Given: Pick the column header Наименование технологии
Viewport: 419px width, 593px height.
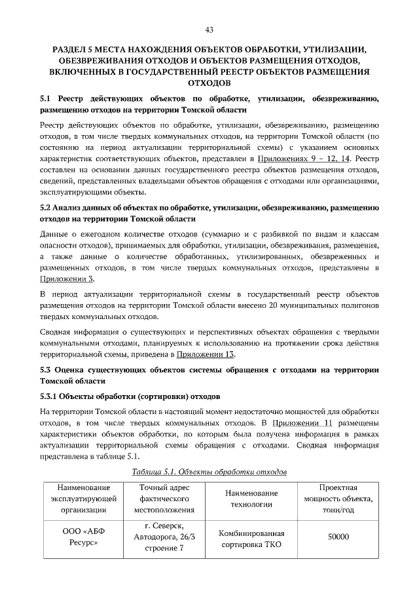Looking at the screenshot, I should coord(252,498).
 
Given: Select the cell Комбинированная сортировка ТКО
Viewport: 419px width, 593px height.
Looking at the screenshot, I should coord(252,538).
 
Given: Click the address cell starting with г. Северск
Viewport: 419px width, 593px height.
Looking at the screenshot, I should coord(164,538).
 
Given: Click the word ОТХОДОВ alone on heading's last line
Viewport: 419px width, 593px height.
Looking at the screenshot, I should coord(209,83).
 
